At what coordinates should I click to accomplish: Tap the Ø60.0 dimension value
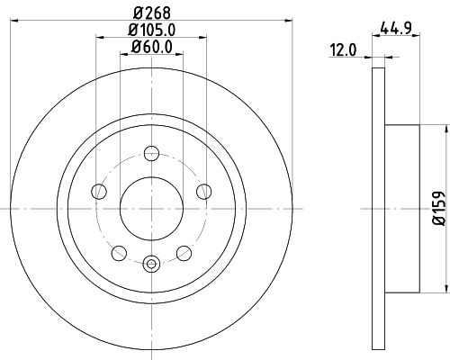[151, 48]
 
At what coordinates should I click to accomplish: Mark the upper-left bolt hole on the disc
[98, 190]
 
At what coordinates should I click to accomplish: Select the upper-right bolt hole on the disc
[203, 190]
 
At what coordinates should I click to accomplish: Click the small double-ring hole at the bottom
[151, 263]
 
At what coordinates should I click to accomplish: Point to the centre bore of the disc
[151, 208]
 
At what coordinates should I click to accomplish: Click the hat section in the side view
[400, 208]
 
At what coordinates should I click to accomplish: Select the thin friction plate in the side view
[378, 208]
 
